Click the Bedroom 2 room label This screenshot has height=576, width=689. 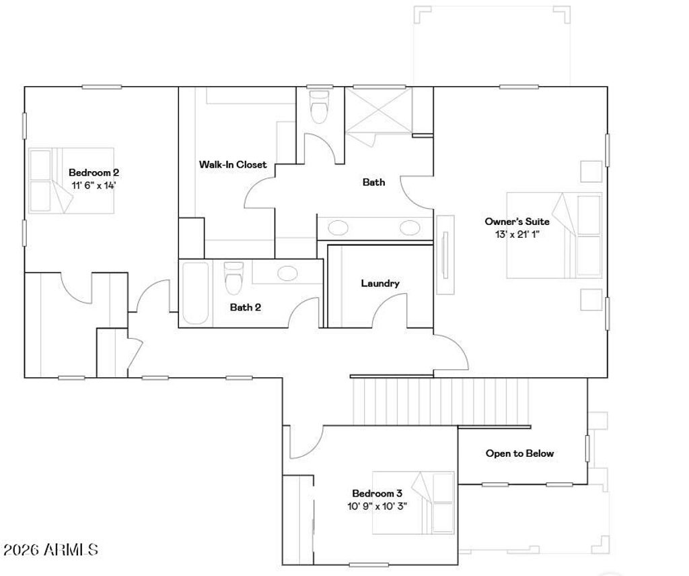pyautogui.click(x=94, y=172)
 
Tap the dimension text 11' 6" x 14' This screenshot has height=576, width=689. pyautogui.click(x=94, y=185)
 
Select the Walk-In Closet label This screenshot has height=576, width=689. pyautogui.click(x=232, y=164)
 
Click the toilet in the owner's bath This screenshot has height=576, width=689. pyautogui.click(x=318, y=108)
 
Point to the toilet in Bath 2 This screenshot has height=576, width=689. pyautogui.click(x=233, y=278)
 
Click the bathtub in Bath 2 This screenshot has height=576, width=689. pyautogui.click(x=196, y=293)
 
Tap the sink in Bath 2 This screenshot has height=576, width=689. pyautogui.click(x=288, y=273)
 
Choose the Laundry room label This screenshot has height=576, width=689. pyautogui.click(x=379, y=284)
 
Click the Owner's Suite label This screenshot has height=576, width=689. pyautogui.click(x=517, y=222)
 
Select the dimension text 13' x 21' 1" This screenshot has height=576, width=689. pyautogui.click(x=517, y=234)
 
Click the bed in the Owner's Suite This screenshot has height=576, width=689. pyautogui.click(x=554, y=235)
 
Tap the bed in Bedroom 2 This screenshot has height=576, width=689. pyautogui.click(x=71, y=181)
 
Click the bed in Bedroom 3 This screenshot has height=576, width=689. pyautogui.click(x=414, y=502)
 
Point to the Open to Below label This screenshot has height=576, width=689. pyautogui.click(x=519, y=453)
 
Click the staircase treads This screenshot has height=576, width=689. pyautogui.click(x=441, y=401)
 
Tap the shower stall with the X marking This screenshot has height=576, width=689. pyautogui.click(x=377, y=111)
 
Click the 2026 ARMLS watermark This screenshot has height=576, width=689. pyautogui.click(x=50, y=550)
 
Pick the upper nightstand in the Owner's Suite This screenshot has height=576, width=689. pyautogui.click(x=591, y=171)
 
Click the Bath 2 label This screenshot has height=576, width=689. pyautogui.click(x=245, y=307)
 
